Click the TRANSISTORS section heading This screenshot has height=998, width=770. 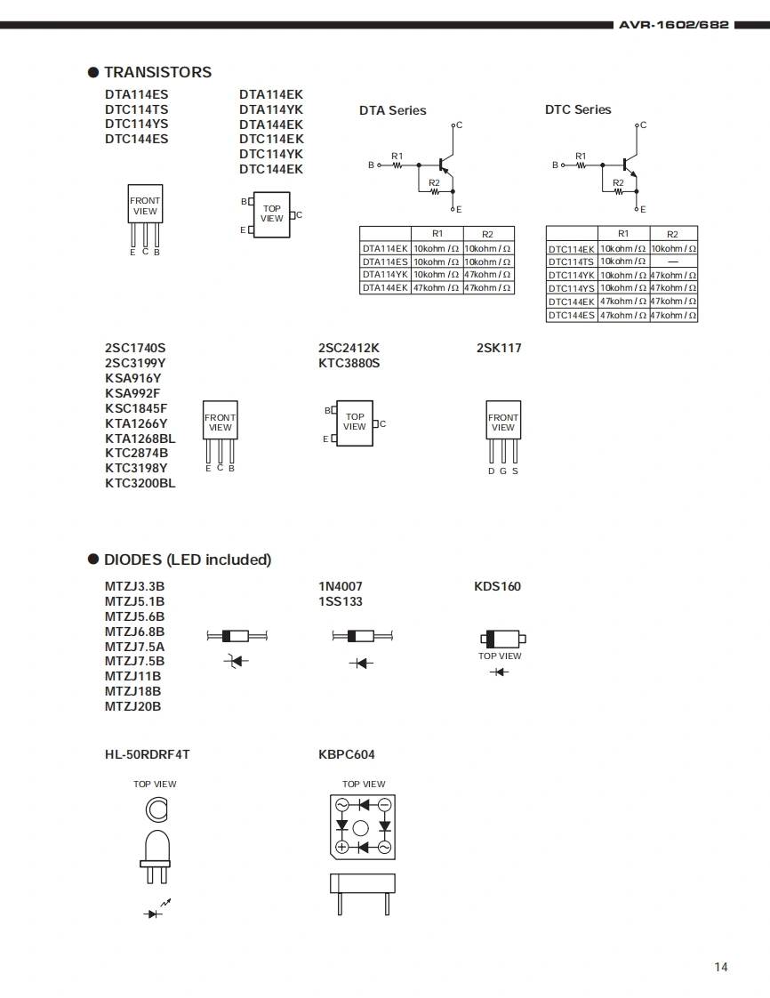pos(157,72)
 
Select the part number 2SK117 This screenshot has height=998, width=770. pos(499,348)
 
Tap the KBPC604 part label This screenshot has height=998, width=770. pos(347,754)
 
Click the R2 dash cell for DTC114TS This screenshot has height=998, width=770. pos(673,262)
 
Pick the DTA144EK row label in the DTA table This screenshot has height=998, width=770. pos(385,287)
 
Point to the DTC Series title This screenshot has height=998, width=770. pos(578,109)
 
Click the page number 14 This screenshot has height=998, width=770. pos(721,967)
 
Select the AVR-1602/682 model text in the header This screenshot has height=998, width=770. pos(674,25)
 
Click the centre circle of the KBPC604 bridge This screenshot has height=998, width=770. pos(361,828)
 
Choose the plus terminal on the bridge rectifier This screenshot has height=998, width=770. pos(341,847)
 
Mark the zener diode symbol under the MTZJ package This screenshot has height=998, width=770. pos(237,661)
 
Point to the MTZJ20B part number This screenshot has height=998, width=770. pos(133,706)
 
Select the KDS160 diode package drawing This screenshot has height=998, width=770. pos(502,639)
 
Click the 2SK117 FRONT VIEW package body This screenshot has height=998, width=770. pos(503,420)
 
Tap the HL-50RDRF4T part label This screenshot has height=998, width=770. pos(147,754)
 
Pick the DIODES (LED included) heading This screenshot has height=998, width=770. pos(188,559)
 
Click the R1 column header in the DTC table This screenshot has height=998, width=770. pos(623,234)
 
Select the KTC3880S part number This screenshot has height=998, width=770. pos(349,364)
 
